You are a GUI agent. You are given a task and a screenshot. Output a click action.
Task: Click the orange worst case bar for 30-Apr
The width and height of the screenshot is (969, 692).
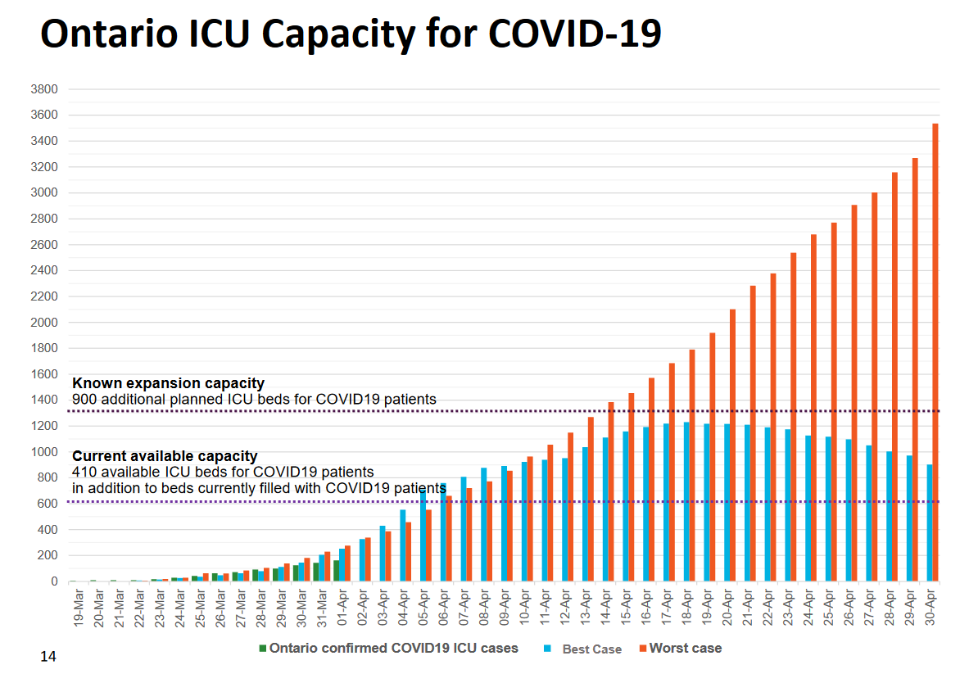pos(935,352)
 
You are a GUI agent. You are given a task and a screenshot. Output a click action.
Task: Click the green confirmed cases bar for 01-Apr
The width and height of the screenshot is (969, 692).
pos(337,571)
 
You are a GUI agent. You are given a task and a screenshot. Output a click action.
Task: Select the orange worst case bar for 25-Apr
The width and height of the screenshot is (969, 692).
pos(834,402)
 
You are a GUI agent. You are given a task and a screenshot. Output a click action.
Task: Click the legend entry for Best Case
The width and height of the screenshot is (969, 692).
pos(591,649)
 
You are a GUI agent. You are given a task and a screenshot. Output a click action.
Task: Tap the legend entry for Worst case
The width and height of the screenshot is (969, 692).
pos(685,649)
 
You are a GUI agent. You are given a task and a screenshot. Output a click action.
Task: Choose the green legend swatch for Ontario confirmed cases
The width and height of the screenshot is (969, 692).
pos(263,649)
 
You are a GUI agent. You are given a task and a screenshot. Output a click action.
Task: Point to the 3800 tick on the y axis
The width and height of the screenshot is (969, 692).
pos(44,89)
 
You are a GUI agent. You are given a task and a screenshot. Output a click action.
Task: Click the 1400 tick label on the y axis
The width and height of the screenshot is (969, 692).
pos(44,400)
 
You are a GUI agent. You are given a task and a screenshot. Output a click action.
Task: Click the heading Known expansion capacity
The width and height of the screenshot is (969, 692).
pos(168,383)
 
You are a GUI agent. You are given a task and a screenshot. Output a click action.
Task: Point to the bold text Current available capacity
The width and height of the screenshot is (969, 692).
pos(165,456)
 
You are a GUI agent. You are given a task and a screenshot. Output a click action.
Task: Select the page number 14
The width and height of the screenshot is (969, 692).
pos(48,657)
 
